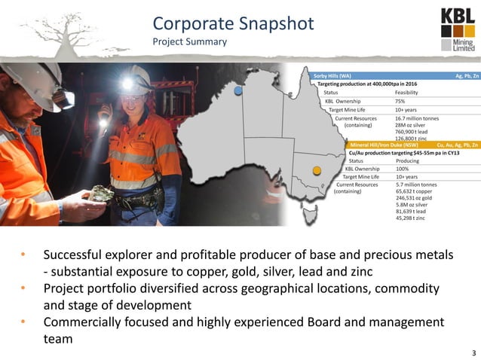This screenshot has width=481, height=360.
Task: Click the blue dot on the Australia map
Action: (238, 90)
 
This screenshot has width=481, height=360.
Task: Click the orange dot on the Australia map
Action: (317, 169)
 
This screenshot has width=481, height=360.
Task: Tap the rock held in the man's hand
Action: (100, 194)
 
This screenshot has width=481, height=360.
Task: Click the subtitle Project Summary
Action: (189, 42)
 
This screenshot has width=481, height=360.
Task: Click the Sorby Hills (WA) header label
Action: (332, 76)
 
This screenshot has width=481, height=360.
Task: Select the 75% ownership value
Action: (400, 101)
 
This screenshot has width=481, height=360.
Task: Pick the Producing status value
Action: (408, 161)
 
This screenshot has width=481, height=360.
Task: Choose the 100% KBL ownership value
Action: (402, 169)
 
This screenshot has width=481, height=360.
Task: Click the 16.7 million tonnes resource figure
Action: (417, 118)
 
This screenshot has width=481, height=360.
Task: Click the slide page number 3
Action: (473, 353)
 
